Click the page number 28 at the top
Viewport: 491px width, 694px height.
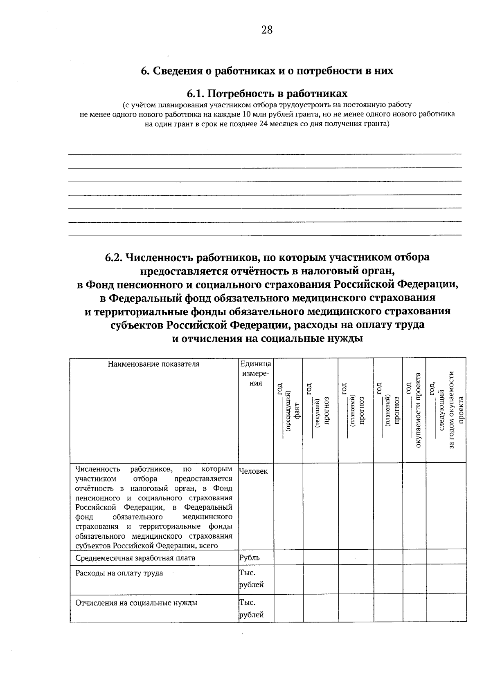pyautogui.click(x=266, y=30)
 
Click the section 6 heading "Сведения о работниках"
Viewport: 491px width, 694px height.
pyautogui.click(x=267, y=71)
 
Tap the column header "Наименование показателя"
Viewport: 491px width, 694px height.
pyautogui.click(x=153, y=364)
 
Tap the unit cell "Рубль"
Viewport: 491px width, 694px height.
pyautogui.click(x=250, y=558)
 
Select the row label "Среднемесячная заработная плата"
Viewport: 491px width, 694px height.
pyautogui.click(x=135, y=558)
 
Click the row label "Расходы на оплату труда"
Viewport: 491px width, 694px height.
pyautogui.click(x=119, y=573)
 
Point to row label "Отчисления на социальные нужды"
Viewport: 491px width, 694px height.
pyautogui.click(x=136, y=602)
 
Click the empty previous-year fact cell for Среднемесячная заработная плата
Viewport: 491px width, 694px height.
pyautogui.click(x=288, y=558)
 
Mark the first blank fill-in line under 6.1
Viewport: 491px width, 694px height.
pyautogui.click(x=265, y=154)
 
